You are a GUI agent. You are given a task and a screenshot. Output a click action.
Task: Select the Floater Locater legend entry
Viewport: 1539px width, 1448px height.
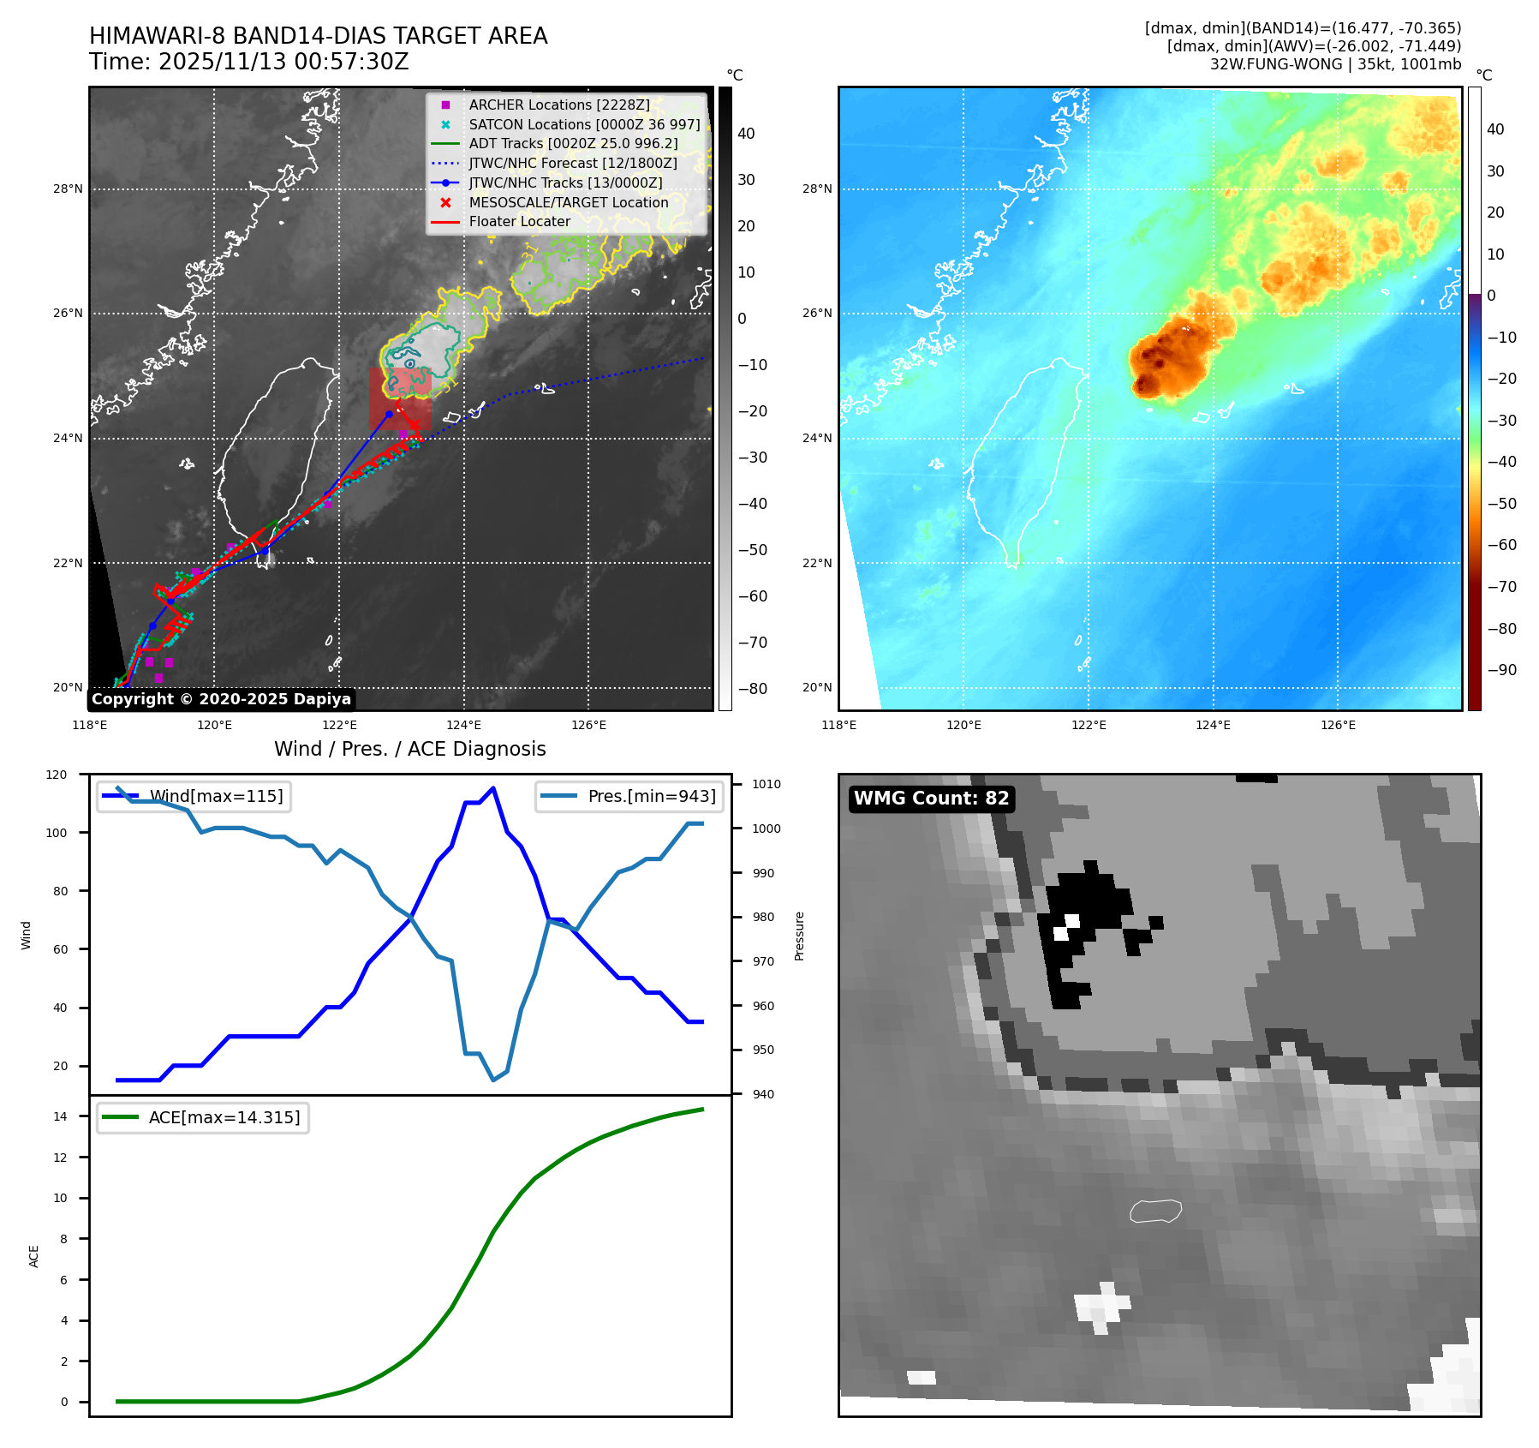tap(519, 221)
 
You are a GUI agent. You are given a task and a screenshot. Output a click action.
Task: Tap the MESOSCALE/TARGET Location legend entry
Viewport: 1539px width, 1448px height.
tap(568, 202)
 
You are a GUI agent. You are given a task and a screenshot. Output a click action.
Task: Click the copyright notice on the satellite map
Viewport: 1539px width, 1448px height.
tap(221, 699)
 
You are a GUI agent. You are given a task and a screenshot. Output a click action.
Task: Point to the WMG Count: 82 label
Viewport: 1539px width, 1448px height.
tap(931, 799)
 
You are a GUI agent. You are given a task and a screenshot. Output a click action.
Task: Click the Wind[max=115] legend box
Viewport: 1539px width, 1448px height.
tap(194, 796)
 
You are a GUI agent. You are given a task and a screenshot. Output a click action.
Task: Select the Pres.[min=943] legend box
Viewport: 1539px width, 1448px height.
tap(629, 796)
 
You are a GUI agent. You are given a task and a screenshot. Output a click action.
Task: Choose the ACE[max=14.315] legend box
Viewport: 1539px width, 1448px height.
tap(203, 1117)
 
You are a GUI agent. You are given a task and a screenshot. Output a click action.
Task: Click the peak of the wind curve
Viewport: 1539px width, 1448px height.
tap(492, 788)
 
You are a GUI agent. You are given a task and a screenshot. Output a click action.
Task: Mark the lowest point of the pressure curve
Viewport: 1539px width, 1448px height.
tap(493, 1080)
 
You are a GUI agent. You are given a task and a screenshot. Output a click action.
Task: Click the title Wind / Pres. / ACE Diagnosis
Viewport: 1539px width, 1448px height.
tap(409, 749)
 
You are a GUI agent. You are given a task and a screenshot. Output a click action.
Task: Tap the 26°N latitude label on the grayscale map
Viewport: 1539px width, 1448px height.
tap(68, 314)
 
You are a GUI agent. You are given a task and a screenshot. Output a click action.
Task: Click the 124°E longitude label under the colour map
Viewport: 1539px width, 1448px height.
tap(1213, 725)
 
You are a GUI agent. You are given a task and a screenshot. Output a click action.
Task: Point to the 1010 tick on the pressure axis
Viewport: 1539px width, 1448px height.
tap(767, 784)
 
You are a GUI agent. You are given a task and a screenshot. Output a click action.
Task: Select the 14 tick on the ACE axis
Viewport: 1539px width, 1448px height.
tap(61, 1116)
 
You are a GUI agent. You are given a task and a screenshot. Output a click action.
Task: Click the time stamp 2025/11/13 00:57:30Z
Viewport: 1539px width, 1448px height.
tap(283, 62)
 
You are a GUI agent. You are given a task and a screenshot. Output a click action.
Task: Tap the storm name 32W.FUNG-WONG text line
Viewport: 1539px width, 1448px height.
tap(1335, 64)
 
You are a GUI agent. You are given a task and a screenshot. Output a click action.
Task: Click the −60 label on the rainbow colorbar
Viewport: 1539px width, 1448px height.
tap(1501, 545)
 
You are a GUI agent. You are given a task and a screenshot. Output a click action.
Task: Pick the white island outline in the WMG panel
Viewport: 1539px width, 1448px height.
tap(1155, 1211)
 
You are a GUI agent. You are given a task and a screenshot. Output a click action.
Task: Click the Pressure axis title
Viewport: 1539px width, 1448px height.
tap(799, 936)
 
